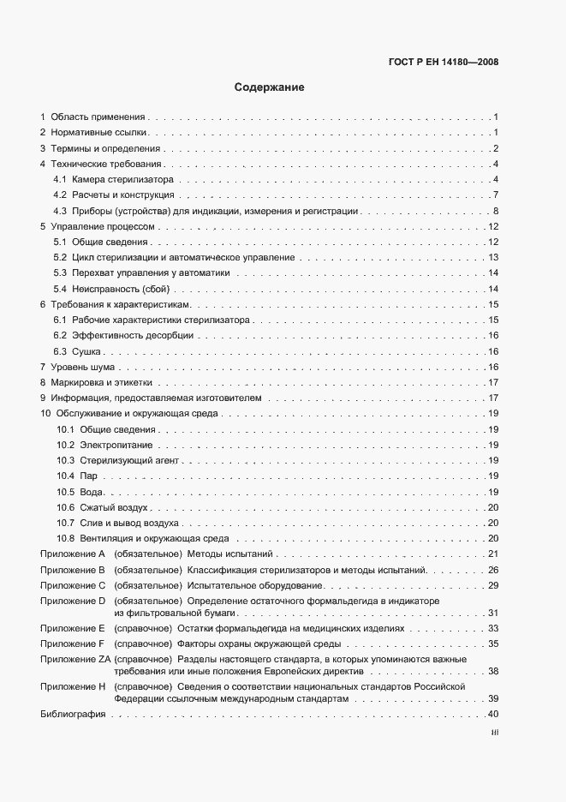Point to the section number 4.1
pyautogui.click(x=60, y=179)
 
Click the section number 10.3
pyautogui.click(x=65, y=460)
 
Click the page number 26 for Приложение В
pyautogui.click(x=493, y=569)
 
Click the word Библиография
pyautogui.click(x=68, y=715)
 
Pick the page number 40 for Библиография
pyautogui.click(x=493, y=715)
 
